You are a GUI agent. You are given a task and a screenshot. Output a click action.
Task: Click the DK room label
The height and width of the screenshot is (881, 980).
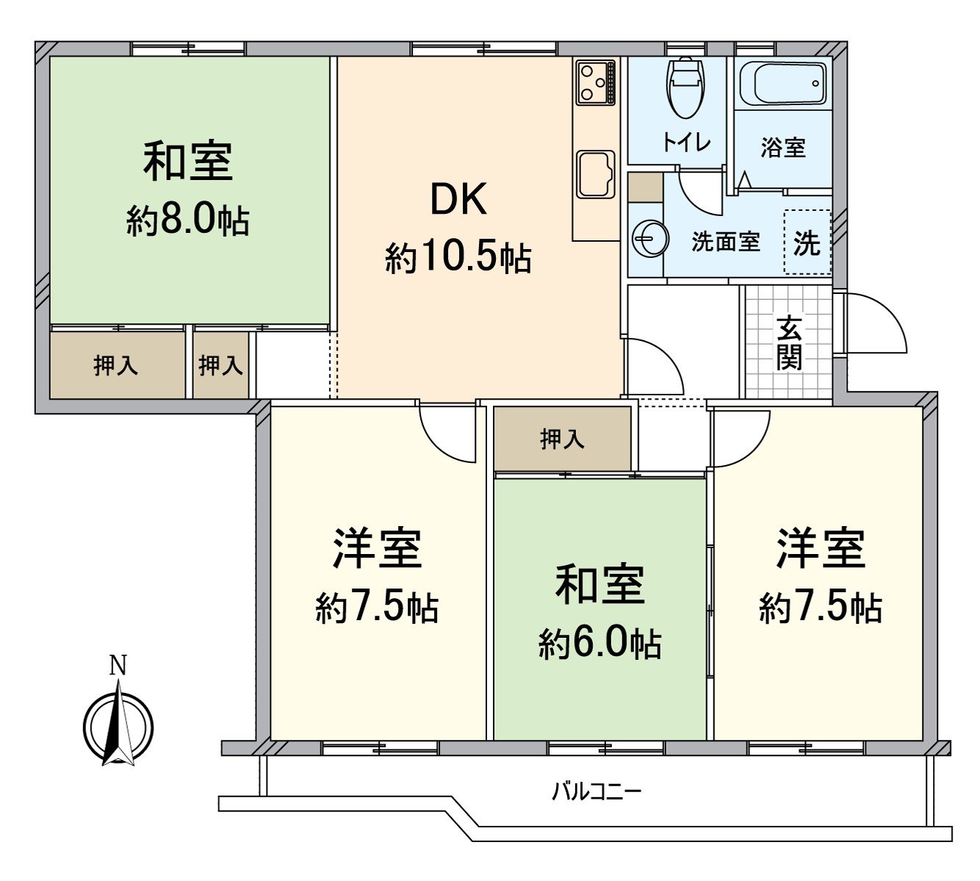pos(459,199)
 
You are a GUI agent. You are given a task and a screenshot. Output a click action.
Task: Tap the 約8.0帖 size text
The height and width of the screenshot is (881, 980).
pos(188,220)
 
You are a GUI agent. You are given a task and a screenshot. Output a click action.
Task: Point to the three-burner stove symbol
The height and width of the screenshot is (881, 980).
pos(595,82)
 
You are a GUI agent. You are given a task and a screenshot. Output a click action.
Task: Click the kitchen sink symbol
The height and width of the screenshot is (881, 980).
pos(595,174)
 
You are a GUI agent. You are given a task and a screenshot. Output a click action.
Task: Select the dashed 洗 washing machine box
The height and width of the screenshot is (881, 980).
pos(807,242)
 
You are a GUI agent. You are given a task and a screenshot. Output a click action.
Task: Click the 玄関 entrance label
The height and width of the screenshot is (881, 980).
pos(790,343)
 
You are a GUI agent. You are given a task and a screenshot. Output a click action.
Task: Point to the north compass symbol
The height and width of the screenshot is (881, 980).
pos(118,726)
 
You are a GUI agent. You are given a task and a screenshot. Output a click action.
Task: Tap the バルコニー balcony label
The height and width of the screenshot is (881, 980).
pos(597,791)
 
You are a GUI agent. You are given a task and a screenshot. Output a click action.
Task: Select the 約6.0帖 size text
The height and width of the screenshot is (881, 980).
pos(599,644)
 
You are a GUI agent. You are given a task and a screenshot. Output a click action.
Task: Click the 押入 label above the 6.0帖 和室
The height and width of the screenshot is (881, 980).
pos(562,439)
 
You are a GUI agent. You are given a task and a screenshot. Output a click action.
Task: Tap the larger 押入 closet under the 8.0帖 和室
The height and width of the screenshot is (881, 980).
pos(116,365)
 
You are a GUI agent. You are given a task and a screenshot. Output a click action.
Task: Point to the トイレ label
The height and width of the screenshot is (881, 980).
pos(686,142)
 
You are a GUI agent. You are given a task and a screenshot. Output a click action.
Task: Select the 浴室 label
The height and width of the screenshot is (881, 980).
pos(782,148)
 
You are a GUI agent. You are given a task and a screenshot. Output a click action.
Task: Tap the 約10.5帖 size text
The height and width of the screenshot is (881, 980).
pos(458,258)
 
